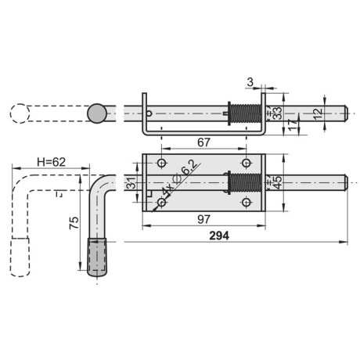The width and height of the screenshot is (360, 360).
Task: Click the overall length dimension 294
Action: [219, 236]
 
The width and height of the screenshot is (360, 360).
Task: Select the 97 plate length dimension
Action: [203, 219]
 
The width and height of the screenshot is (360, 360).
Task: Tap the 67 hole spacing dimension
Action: [203, 142]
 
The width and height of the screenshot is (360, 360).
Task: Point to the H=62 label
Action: [51, 162]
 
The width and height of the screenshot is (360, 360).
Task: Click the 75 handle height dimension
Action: [74, 223]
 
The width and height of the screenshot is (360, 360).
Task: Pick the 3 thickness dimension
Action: [250, 82]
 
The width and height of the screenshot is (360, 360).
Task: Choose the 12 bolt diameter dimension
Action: [318, 114]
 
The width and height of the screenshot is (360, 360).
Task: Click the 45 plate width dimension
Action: [277, 182]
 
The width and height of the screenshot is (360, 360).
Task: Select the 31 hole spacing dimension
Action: [132, 182]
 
